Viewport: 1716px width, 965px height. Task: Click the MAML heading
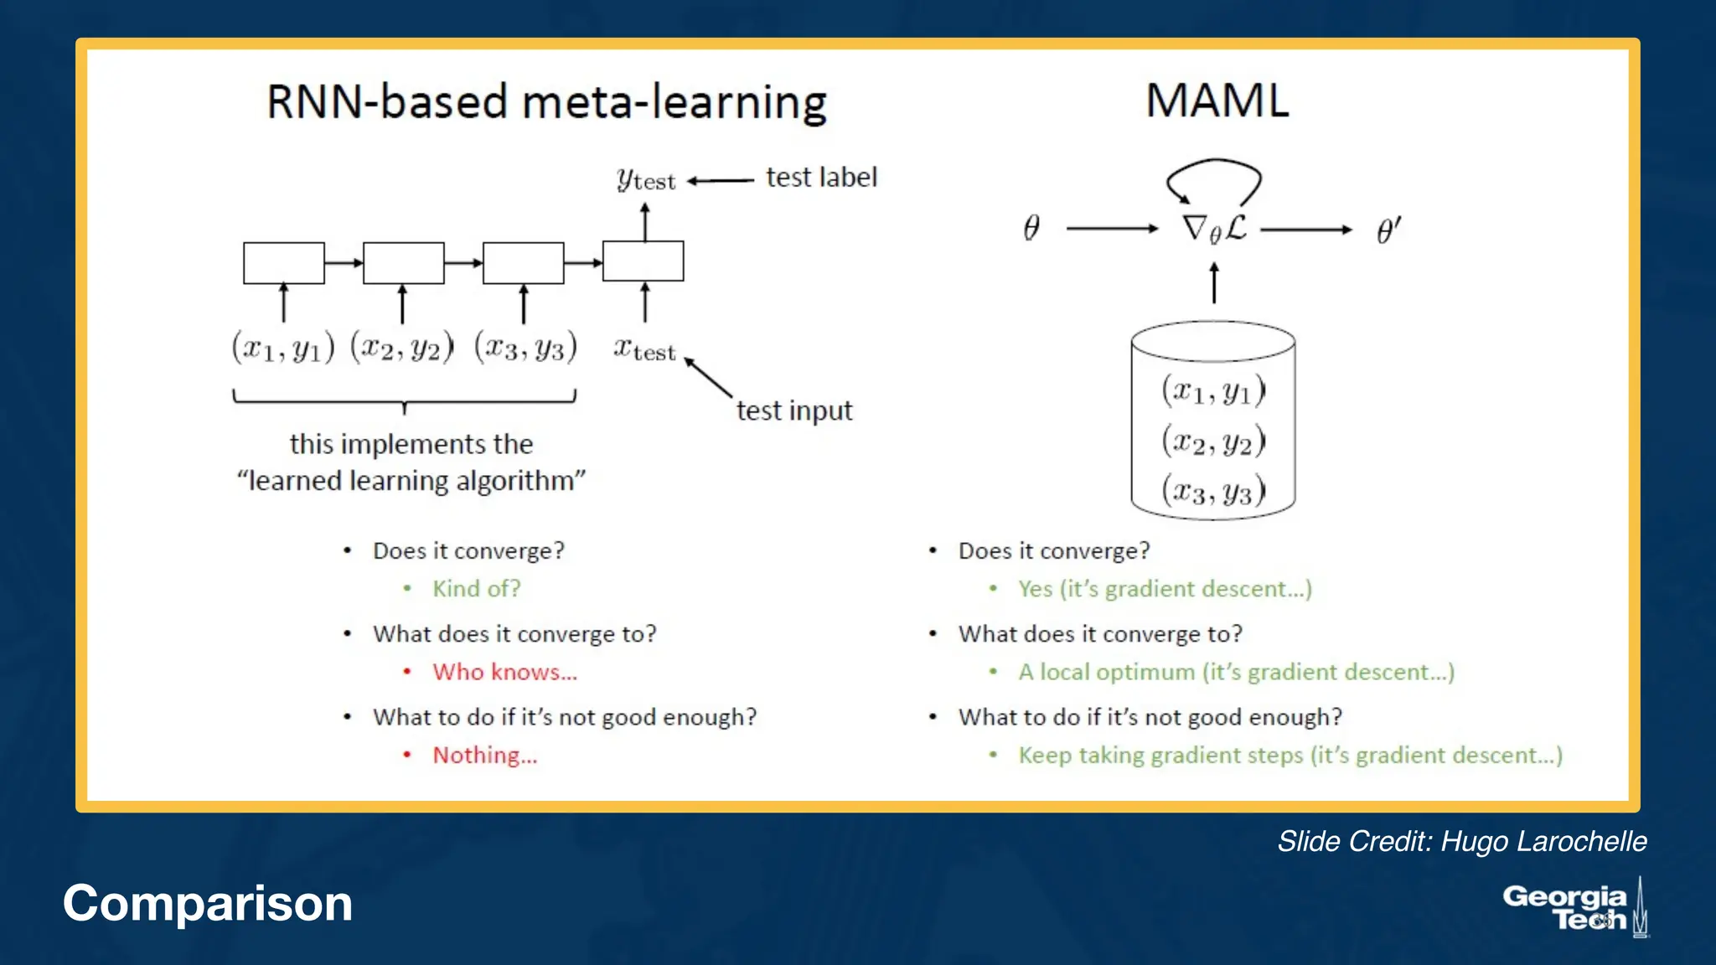(1217, 101)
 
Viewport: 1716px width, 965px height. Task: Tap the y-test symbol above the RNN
(644, 179)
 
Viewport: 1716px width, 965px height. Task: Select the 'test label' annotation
(821, 178)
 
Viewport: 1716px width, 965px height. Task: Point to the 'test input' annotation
(793, 410)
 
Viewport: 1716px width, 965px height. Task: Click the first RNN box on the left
(283, 263)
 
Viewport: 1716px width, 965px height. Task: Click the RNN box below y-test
(643, 261)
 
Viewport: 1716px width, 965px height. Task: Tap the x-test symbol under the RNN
(643, 349)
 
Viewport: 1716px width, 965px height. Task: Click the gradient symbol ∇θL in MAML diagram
(1214, 228)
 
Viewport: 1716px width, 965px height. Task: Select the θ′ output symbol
(1388, 230)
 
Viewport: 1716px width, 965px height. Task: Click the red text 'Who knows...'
(504, 672)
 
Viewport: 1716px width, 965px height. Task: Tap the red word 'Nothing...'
(484, 755)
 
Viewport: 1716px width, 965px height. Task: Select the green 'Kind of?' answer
(476, 588)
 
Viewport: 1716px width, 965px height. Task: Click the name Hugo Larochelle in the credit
(1543, 841)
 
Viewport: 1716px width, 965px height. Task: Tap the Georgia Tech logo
(1573, 908)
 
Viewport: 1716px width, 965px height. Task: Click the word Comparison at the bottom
(208, 903)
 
